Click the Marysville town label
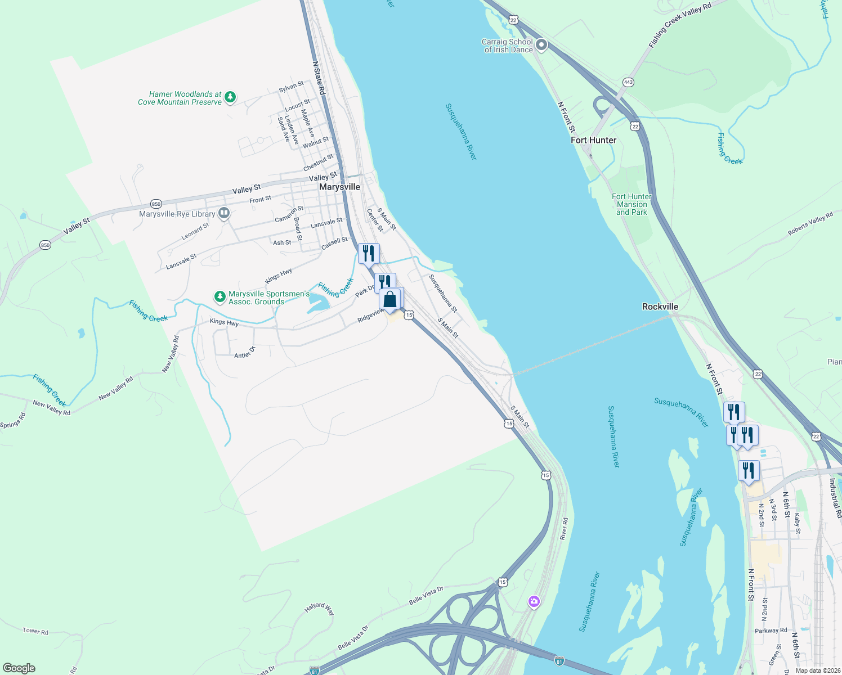point(339,187)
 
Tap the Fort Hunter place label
point(593,140)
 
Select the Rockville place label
point(660,307)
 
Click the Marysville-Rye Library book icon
point(224,213)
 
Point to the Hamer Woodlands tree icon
point(230,97)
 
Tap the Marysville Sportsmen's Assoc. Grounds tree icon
point(220,296)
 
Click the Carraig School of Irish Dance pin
point(541,45)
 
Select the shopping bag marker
point(390,300)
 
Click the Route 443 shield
point(628,82)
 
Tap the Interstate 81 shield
point(559,660)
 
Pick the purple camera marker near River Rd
point(534,602)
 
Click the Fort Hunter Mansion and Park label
point(631,204)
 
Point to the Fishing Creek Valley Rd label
point(680,25)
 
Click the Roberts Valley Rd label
point(810,223)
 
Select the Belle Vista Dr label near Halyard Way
point(426,595)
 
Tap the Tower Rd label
point(35,631)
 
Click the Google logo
point(19,668)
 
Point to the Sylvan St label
point(291,87)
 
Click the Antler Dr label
point(245,353)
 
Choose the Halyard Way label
point(320,609)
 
